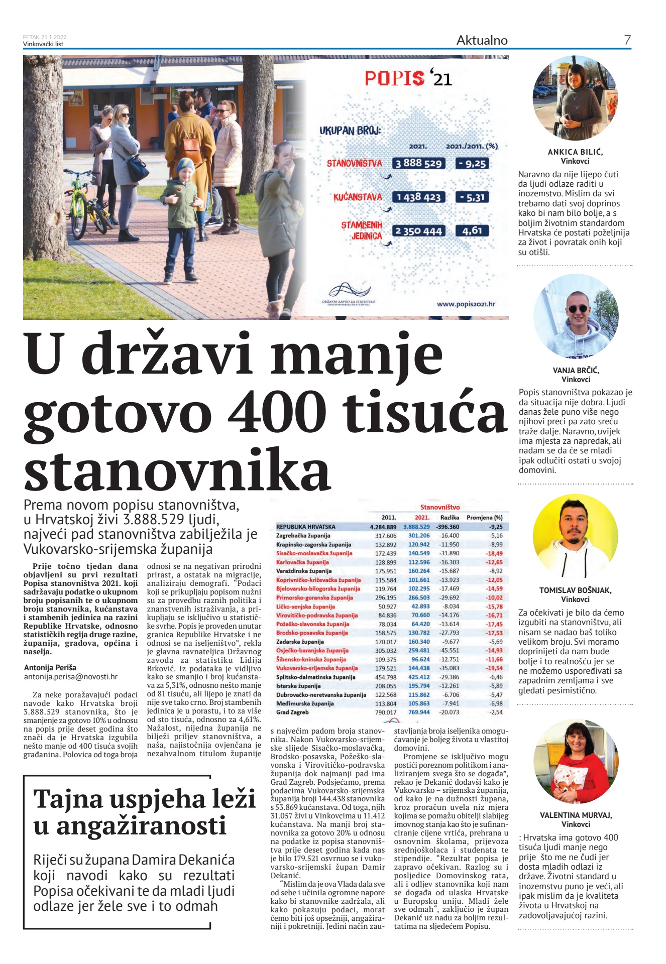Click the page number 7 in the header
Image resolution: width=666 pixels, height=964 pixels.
(627, 40)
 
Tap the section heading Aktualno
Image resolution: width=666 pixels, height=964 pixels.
(482, 41)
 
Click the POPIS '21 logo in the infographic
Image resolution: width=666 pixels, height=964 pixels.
(408, 78)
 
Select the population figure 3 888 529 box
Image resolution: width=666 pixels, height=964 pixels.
(418, 163)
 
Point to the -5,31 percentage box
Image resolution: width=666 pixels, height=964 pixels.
(472, 197)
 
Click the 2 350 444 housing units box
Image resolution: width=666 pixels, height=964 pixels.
(418, 231)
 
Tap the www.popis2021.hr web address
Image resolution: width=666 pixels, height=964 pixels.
(466, 304)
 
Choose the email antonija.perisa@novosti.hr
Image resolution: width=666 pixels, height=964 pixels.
(71, 677)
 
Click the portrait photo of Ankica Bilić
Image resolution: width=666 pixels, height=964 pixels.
(575, 98)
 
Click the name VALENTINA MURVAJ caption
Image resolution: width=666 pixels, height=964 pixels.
(576, 815)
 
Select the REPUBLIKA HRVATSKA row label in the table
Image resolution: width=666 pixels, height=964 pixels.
(305, 527)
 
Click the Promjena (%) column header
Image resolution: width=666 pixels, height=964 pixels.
(484, 517)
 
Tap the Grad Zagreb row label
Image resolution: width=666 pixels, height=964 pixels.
(292, 712)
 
